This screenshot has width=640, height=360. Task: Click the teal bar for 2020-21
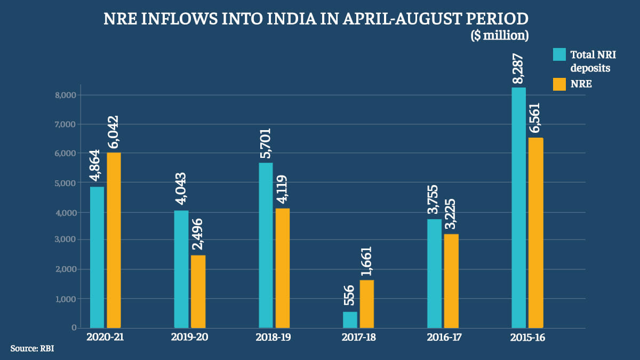tap(97, 257)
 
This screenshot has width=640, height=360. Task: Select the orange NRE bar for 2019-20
tap(198, 291)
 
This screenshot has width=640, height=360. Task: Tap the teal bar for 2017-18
tap(350, 319)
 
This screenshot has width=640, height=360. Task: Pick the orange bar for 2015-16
tap(535, 233)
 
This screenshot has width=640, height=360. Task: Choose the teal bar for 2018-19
tap(266, 245)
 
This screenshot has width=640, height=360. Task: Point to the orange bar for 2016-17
tap(451, 281)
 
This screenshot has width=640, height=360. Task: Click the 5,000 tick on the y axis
tap(66, 182)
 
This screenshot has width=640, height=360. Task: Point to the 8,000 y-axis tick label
tap(66, 95)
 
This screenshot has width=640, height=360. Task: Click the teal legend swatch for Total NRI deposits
tap(559, 54)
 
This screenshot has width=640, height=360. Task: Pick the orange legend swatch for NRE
tap(559, 84)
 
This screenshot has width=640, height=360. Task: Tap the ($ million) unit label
tap(499, 36)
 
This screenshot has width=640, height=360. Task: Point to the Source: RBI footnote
tap(32, 348)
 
